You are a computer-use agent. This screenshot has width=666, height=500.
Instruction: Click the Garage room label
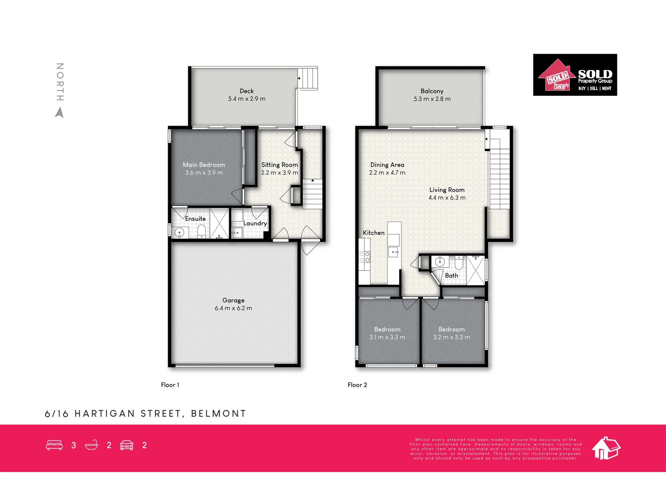coord(233,300)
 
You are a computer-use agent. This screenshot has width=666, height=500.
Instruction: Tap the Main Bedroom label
coord(204,165)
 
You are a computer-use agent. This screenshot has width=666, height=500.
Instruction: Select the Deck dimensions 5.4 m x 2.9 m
coord(247,99)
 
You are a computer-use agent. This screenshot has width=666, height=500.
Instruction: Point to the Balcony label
coord(432,91)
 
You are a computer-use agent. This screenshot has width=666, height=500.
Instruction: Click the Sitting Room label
coord(279,165)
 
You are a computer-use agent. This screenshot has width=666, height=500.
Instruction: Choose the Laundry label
coord(255,223)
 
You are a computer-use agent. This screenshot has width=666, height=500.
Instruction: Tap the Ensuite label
coord(195,219)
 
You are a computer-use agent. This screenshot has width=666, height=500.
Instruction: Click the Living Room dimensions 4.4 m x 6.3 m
coord(447,198)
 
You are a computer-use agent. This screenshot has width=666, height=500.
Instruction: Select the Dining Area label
coord(387,165)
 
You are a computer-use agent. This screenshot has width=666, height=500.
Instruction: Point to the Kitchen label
coord(374,233)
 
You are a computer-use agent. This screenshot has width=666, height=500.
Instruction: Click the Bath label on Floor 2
coord(452,276)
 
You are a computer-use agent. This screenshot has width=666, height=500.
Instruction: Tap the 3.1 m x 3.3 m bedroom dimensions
coord(387,337)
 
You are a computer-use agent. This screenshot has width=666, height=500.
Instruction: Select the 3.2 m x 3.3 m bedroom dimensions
coord(452,337)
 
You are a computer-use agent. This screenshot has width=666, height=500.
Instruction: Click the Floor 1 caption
coord(170,385)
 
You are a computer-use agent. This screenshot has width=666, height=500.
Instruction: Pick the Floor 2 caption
coord(357,385)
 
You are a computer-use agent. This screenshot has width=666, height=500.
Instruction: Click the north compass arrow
coord(60,113)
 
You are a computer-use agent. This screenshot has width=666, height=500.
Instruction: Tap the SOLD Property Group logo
coord(575,75)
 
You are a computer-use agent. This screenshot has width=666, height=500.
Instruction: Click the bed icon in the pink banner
coord(54,445)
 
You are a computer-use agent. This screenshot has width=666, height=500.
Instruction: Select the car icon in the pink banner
coord(127,445)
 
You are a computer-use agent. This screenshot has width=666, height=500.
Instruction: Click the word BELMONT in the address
coord(218,414)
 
